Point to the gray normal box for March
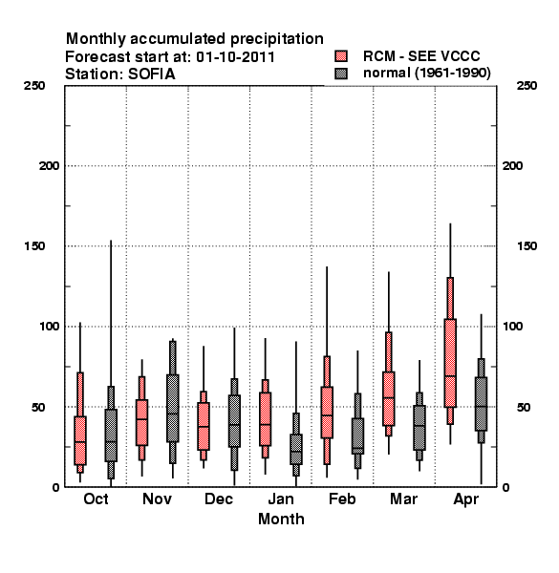click(x=419, y=428)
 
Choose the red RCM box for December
click(x=204, y=426)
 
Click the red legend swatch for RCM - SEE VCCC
click(x=341, y=56)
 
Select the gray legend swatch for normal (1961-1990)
click(x=341, y=74)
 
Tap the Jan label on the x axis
click(x=281, y=499)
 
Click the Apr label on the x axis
click(x=465, y=499)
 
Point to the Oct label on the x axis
click(x=96, y=499)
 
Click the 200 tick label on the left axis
click(x=49, y=166)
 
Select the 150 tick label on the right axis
click(x=527, y=246)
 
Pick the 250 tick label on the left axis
click(x=34, y=86)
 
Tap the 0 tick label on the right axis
click(x=505, y=487)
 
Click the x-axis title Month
click(x=281, y=519)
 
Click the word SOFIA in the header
click(x=151, y=74)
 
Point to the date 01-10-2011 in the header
click(x=235, y=57)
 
